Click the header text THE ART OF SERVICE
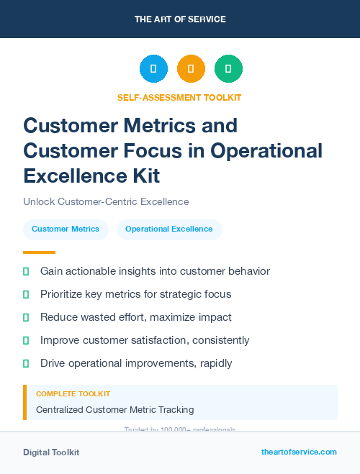click(180, 19)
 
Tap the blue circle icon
click(153, 68)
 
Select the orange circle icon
click(191, 68)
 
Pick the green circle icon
click(228, 68)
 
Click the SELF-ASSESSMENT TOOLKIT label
click(180, 97)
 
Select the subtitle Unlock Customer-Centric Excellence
click(106, 202)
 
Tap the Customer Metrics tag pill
click(66, 229)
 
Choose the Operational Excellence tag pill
click(169, 229)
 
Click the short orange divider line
click(39, 252)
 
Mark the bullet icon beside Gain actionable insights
click(26, 271)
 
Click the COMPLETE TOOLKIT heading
click(73, 394)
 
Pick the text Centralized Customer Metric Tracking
click(114, 409)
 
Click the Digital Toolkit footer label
click(51, 452)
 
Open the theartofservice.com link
click(299, 452)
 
